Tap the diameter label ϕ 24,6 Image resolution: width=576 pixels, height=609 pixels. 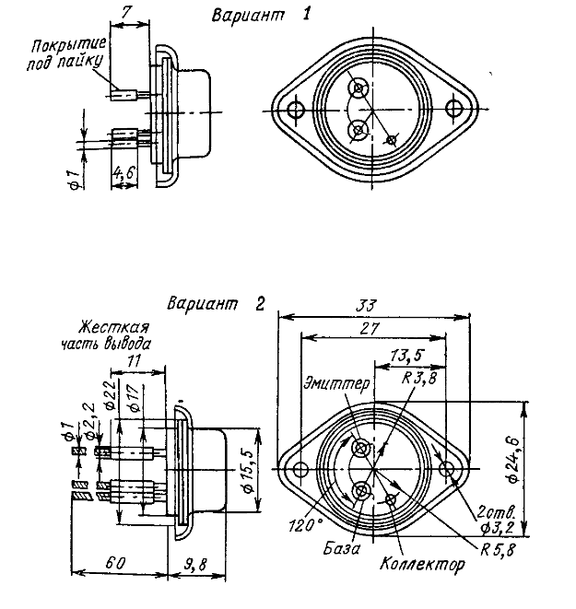545,468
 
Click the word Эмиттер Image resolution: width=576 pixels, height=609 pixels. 337,381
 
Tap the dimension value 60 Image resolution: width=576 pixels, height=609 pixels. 117,562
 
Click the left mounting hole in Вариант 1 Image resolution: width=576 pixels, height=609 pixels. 296,109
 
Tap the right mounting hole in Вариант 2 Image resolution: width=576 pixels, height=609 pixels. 447,469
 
